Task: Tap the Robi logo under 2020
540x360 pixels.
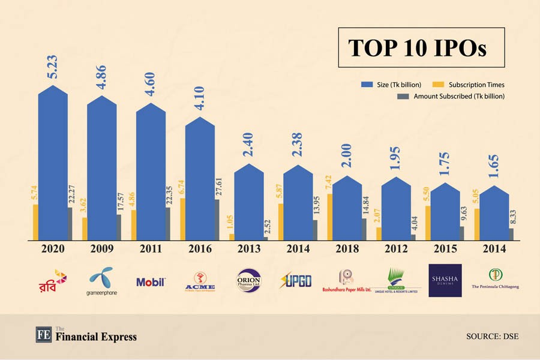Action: click(52, 280)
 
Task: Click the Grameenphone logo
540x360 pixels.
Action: click(101, 281)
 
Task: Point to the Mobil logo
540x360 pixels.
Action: click(151, 281)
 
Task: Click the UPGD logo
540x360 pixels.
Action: click(296, 280)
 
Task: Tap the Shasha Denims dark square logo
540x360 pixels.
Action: click(445, 280)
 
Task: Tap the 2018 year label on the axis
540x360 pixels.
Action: click(346, 249)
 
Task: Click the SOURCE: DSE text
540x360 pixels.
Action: click(492, 336)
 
